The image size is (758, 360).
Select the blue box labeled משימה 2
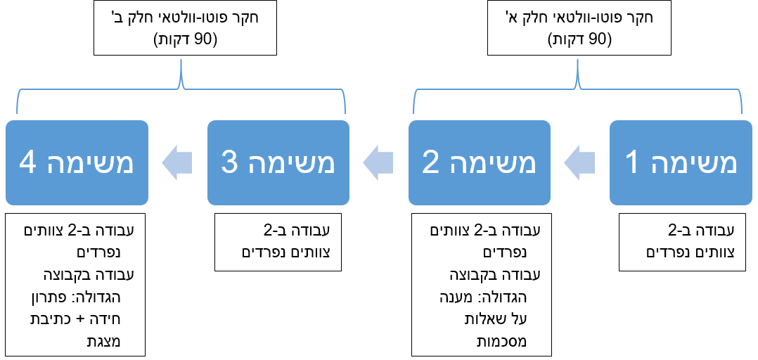tap(479, 162)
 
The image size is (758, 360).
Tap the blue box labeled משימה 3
tap(278, 162)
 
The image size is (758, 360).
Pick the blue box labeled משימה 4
tap(77, 162)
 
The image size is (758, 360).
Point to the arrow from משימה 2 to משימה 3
tap(378, 162)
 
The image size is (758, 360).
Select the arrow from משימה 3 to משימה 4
tap(177, 162)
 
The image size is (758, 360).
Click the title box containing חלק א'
tap(579, 28)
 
